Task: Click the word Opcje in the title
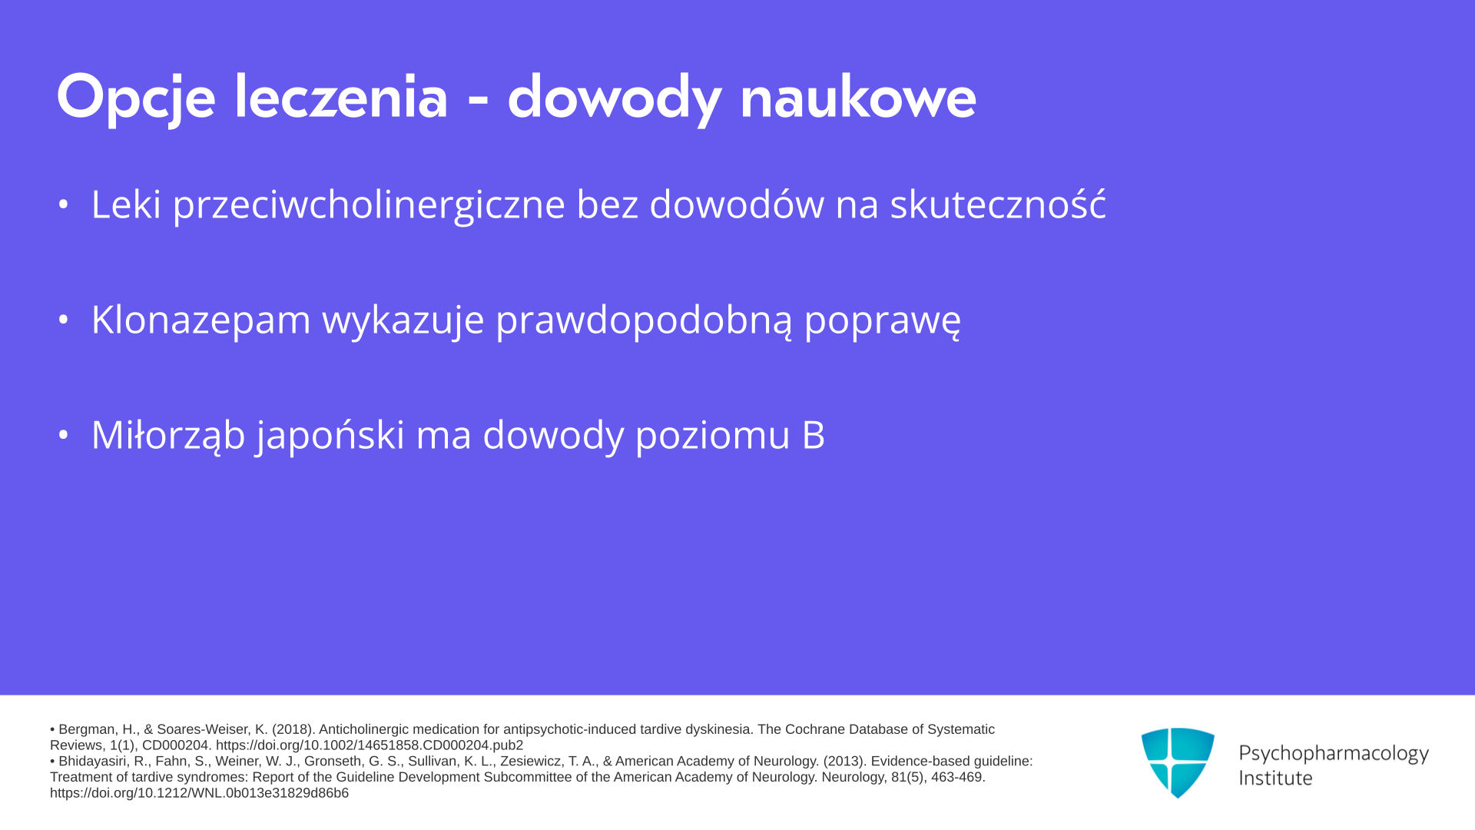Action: click(x=135, y=98)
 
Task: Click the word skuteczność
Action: click(x=998, y=203)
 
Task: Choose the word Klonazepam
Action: click(x=201, y=320)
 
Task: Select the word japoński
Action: click(x=330, y=435)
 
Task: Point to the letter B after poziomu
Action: click(x=814, y=435)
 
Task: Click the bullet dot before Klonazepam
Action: click(x=64, y=319)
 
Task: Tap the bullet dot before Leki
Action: click(x=64, y=204)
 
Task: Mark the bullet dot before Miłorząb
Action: click(x=64, y=434)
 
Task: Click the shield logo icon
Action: click(x=1178, y=762)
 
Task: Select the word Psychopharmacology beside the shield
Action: click(x=1334, y=754)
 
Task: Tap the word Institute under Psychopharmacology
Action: click(x=1275, y=778)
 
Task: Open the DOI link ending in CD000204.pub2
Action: click(x=370, y=745)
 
